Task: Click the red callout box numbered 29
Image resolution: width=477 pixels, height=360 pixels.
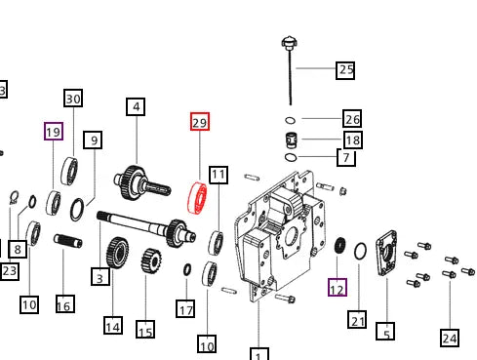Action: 200,122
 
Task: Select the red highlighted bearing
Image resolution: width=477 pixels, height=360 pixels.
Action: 197,198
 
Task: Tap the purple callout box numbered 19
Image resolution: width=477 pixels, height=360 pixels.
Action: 54,131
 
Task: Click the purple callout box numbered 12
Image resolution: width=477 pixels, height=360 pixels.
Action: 338,288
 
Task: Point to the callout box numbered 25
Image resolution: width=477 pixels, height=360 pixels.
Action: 345,70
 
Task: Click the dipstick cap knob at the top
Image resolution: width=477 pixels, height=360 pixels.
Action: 289,43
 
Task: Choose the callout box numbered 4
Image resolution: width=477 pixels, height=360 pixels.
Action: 136,106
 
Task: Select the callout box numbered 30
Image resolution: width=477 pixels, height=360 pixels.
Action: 73,98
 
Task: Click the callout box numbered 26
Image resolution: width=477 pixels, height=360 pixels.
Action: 352,118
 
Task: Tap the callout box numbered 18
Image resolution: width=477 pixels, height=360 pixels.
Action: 353,140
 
